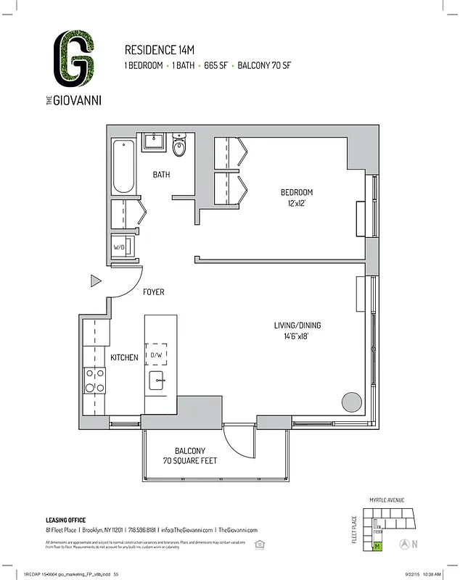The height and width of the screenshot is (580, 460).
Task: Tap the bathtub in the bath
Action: tap(123, 167)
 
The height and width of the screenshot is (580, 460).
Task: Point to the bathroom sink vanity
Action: tap(155, 141)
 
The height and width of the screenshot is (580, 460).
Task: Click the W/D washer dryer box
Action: tap(120, 246)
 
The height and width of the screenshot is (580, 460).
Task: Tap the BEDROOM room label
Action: tap(297, 192)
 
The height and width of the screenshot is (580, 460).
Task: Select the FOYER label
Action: tap(154, 292)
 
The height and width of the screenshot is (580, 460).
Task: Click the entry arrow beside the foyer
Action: tap(95, 281)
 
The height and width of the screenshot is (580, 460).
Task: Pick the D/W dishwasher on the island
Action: tap(157, 355)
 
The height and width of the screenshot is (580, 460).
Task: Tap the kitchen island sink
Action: tap(157, 380)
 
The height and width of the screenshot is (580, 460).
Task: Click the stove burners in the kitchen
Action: tap(95, 381)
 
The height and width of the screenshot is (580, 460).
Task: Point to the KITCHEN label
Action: tap(124, 357)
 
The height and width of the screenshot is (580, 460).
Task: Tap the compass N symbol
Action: tap(415, 544)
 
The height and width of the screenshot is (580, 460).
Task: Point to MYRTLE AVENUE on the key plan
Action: tap(387, 500)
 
